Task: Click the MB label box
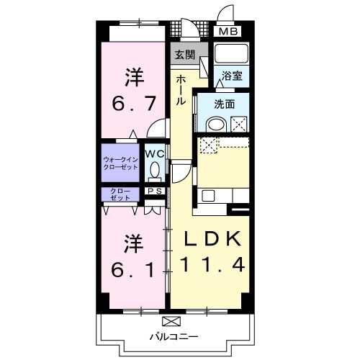tap(228, 32)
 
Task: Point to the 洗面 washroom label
tap(225, 104)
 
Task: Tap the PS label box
tap(155, 191)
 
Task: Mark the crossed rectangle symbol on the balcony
tap(172, 321)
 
